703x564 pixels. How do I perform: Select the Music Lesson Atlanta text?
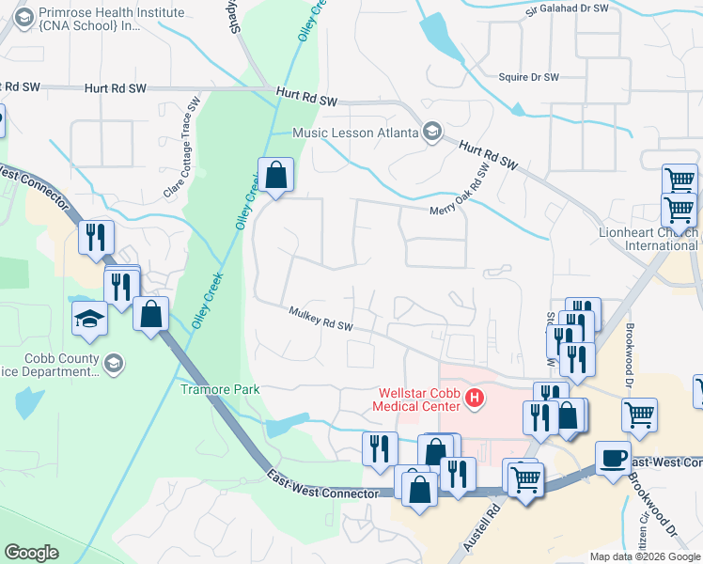[354, 133]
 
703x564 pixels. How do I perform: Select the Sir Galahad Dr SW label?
[568, 8]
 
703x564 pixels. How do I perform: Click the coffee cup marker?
[613, 457]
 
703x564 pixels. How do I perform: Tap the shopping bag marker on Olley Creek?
[275, 175]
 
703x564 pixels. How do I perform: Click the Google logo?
[32, 553]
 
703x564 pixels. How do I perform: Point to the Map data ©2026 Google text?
[644, 556]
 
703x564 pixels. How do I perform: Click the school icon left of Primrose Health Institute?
[23, 16]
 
